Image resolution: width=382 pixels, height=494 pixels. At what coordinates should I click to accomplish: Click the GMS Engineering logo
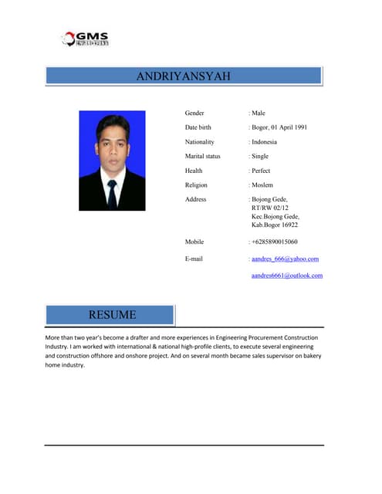[x=86, y=39]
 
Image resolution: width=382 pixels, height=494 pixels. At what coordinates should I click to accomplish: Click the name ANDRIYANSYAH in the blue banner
[x=183, y=76]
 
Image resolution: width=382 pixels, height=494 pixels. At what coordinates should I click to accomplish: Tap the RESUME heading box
[x=112, y=315]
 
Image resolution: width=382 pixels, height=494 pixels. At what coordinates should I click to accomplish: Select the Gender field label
[x=194, y=113]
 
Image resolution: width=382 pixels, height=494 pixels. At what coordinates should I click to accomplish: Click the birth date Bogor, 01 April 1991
[x=279, y=127]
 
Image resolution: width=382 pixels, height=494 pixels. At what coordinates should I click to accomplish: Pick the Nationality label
[x=199, y=142]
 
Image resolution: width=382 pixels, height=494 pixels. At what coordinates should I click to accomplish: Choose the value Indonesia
[x=264, y=142]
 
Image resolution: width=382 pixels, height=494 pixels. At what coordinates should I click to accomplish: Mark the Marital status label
[x=202, y=156]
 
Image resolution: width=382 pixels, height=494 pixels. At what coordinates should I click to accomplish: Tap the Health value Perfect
[x=261, y=171]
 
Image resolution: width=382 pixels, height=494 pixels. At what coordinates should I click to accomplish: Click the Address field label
[x=196, y=199]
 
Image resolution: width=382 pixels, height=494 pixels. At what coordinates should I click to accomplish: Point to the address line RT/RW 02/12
[x=269, y=208]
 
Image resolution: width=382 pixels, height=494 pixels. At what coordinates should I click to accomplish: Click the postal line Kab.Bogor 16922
[x=275, y=225]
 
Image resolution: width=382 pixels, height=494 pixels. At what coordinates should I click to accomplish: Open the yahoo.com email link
[x=285, y=259]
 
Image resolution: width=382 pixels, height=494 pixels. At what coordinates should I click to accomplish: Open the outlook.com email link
[x=287, y=276]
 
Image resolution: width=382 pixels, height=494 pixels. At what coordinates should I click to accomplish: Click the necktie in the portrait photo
[x=112, y=194]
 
